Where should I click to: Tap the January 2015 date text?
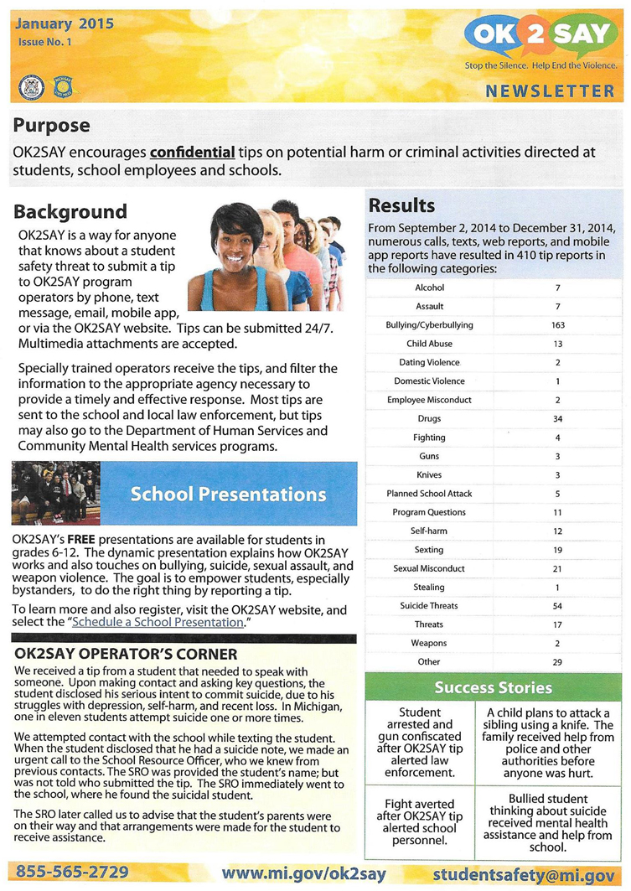tap(65, 23)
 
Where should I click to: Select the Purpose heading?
tap(51, 126)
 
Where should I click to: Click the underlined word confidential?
tap(193, 153)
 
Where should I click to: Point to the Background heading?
tap(70, 211)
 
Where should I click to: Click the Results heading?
tap(402, 205)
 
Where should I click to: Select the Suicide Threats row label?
tap(429, 605)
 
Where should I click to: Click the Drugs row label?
tap(429, 418)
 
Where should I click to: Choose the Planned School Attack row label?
tap(429, 493)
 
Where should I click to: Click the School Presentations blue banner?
tap(228, 494)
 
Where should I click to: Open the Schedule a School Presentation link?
tap(158, 623)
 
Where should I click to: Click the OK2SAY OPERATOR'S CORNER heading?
tap(126, 654)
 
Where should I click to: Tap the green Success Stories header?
tap(494, 688)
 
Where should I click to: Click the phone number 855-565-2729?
tap(72, 873)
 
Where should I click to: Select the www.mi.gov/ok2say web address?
tap(303, 873)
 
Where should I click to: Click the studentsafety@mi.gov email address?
tap(524, 873)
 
